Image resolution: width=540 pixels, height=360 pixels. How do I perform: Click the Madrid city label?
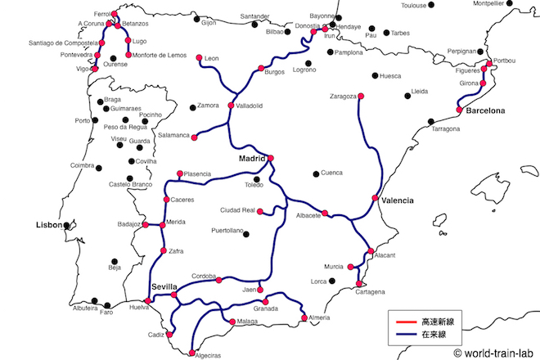coord(252,158)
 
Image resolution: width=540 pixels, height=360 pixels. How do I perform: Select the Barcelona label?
coord(486,110)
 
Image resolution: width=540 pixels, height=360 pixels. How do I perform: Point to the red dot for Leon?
coord(199,57)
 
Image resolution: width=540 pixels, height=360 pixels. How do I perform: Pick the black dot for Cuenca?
coord(316,173)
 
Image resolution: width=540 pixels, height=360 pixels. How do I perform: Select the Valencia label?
coord(398,200)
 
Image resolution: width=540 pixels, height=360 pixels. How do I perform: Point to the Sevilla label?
coord(164,286)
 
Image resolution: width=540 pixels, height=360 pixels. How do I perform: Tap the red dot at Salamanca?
coord(195,137)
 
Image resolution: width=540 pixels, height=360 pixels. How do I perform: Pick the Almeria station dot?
coord(304,318)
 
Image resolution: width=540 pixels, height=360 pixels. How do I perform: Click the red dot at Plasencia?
coord(180,173)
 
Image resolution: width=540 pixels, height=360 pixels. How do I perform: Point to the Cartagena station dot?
coord(358,283)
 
